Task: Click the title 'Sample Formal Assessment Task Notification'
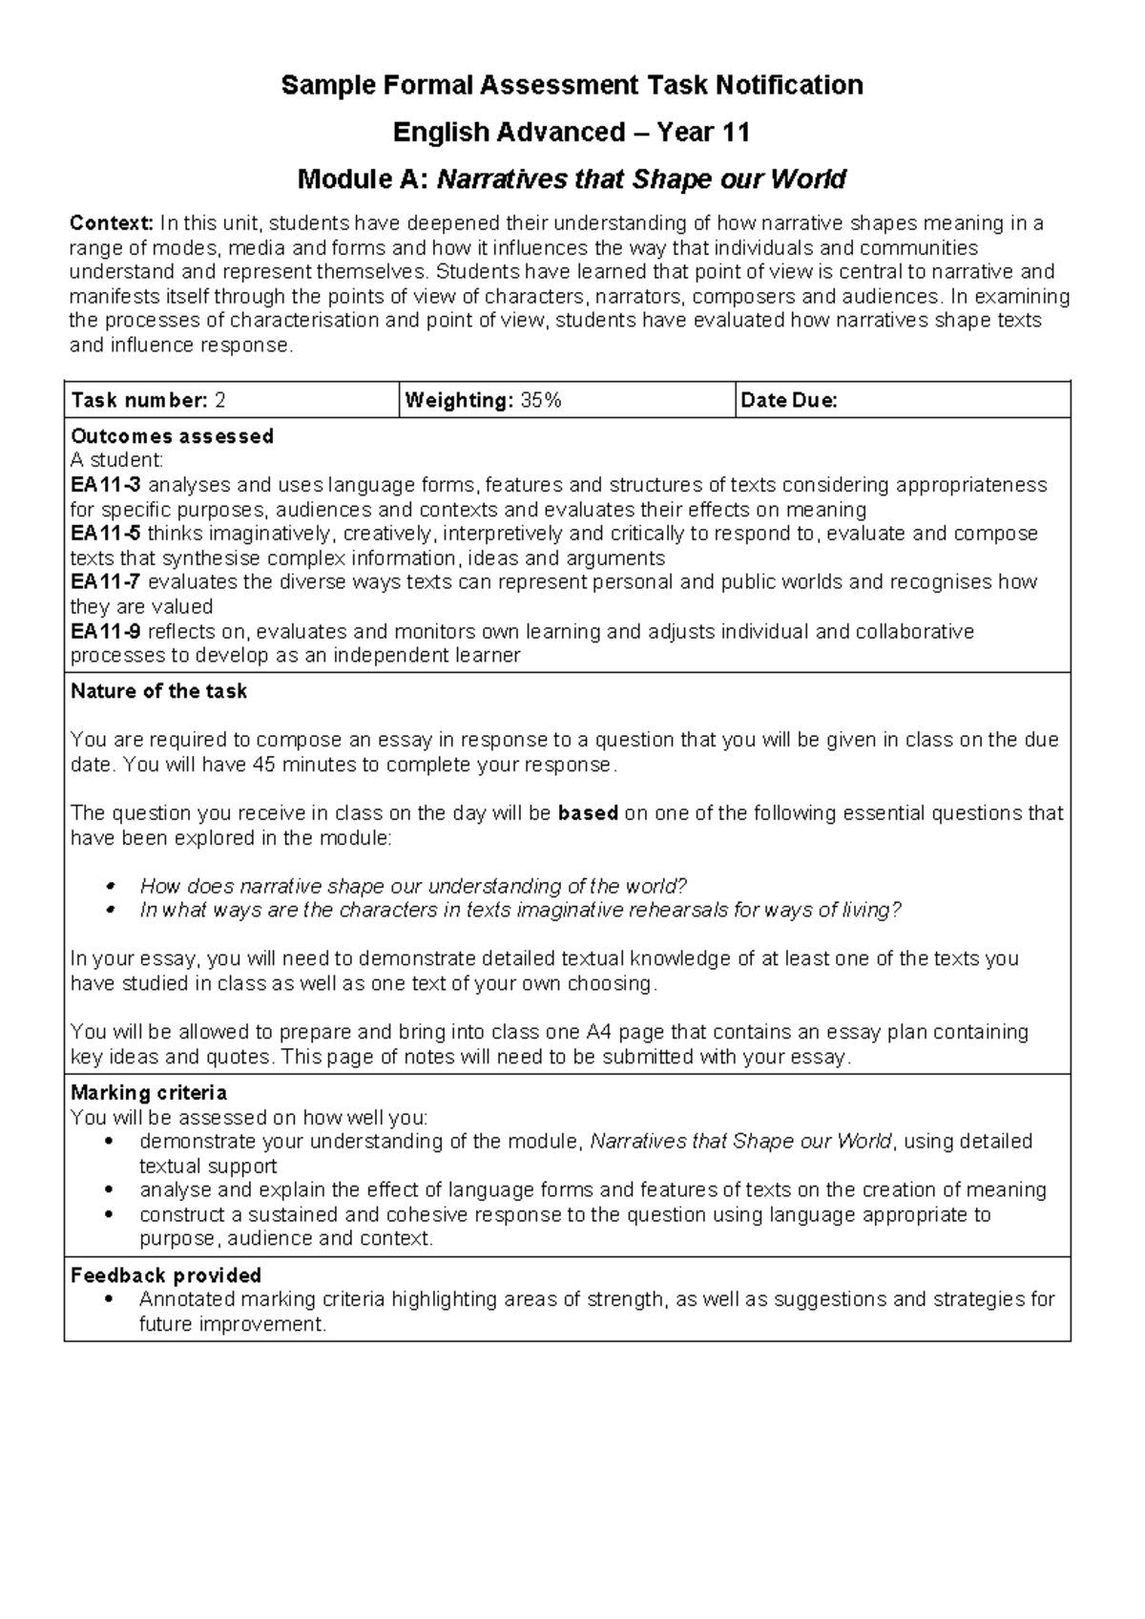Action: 572,85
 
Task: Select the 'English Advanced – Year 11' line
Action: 572,132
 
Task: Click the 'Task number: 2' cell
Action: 148,401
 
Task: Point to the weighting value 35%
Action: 541,401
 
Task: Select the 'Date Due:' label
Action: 788,401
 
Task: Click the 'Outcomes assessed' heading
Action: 172,436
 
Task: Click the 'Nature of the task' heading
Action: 158,691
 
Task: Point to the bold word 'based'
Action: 588,813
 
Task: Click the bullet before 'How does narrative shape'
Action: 113,886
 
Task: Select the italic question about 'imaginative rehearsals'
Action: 520,910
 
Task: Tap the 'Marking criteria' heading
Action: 148,1092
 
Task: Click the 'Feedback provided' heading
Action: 166,1275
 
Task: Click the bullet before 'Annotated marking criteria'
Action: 113,1300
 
